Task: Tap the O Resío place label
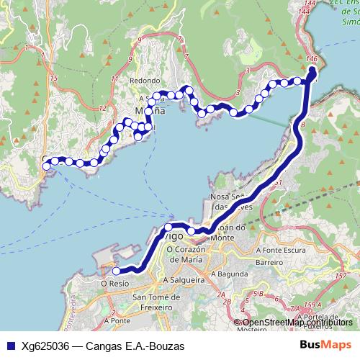point(114,284)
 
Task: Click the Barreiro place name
point(269,263)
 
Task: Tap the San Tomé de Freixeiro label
point(158,303)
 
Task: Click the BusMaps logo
point(326,346)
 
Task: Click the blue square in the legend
point(9,346)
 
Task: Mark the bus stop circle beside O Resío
point(116,271)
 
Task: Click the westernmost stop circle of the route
point(46,166)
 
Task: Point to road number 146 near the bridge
point(311,58)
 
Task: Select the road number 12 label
point(103,108)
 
